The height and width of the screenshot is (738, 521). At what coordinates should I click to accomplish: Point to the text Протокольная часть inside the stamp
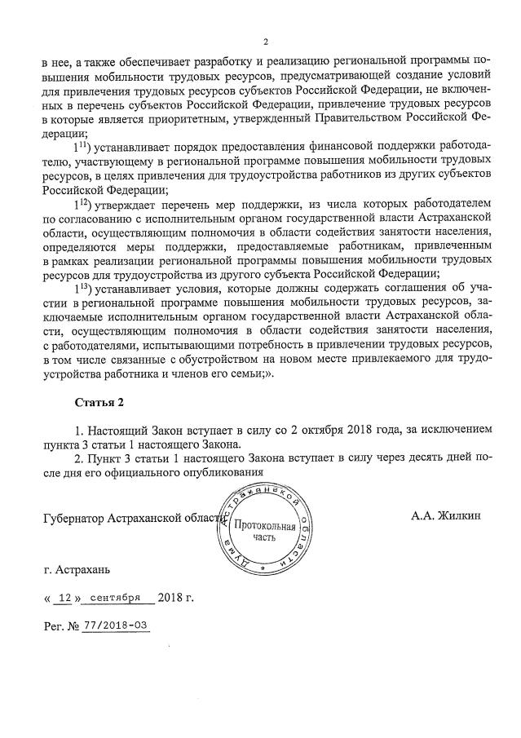point(264,532)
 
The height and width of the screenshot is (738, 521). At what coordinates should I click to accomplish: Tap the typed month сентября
point(116,597)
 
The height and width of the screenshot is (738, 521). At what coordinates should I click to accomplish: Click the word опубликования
point(220,472)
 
